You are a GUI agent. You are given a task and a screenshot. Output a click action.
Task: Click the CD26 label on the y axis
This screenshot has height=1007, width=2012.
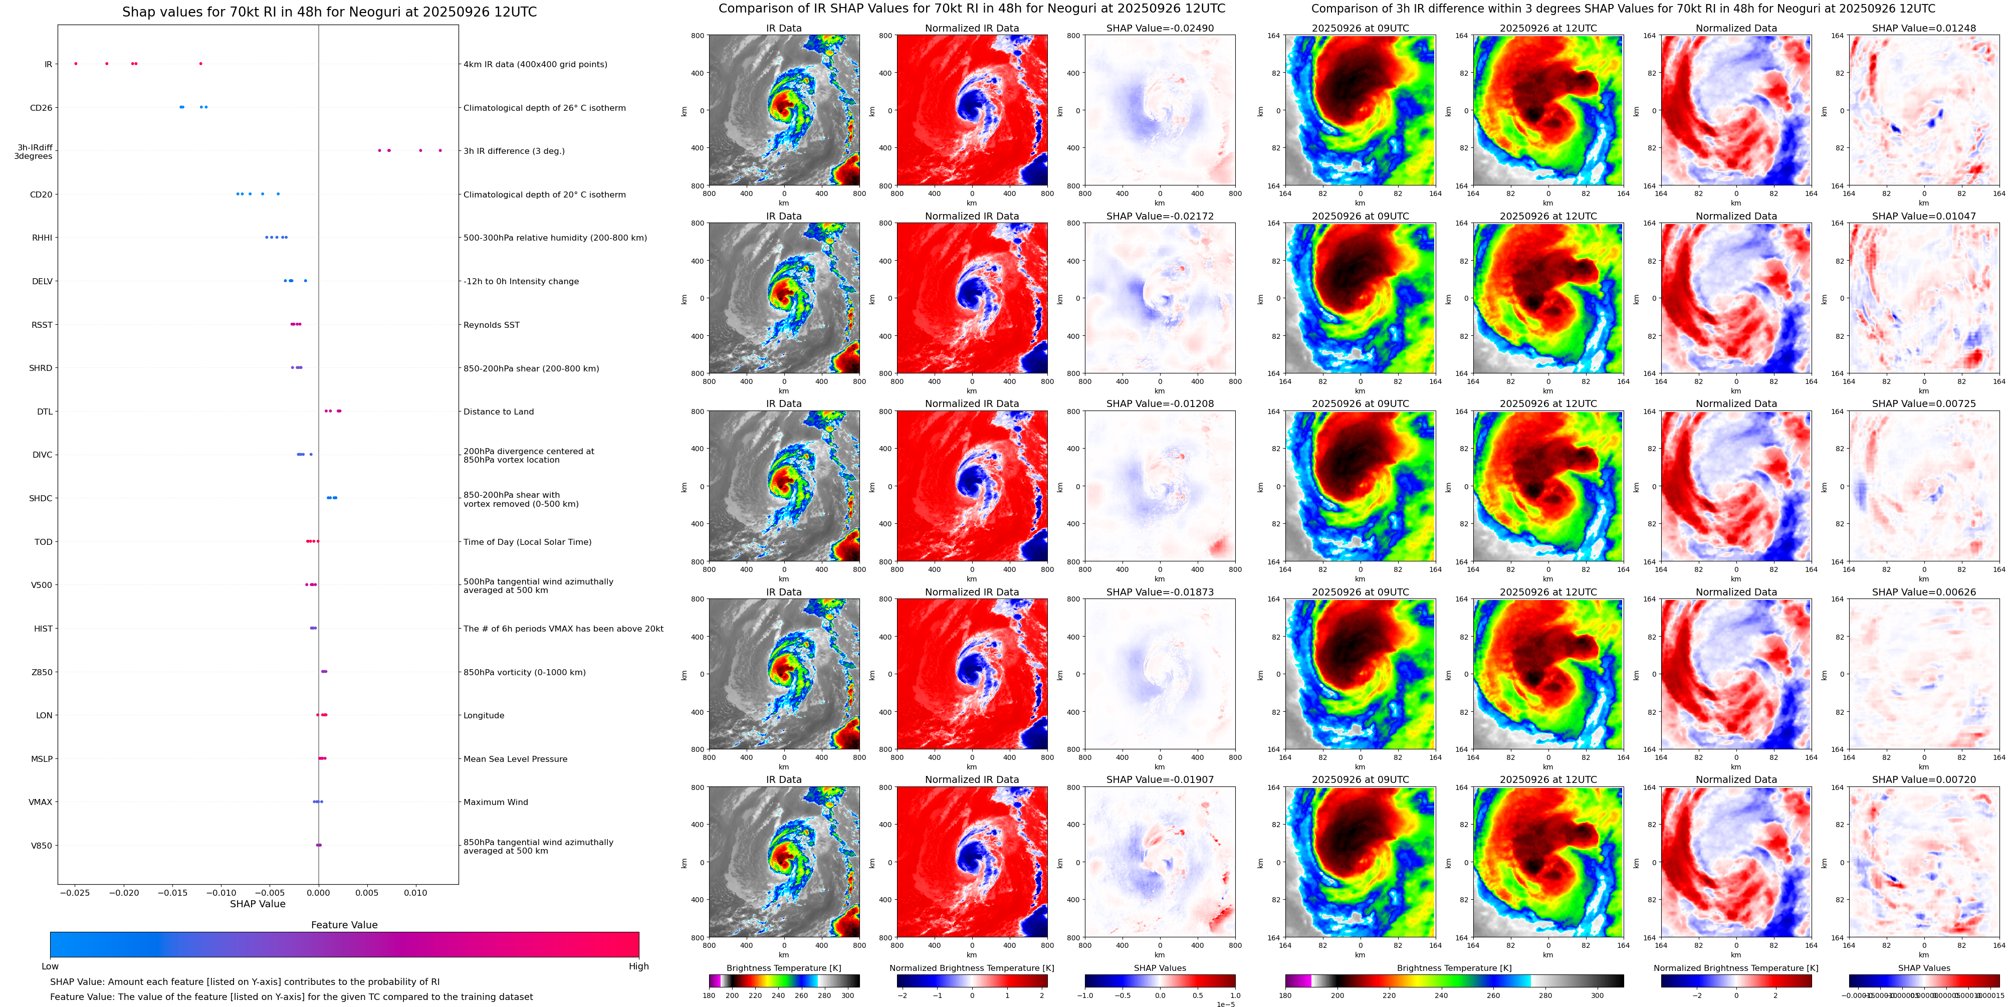[x=41, y=108]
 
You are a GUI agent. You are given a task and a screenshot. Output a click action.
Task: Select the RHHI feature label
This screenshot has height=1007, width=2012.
[x=42, y=238]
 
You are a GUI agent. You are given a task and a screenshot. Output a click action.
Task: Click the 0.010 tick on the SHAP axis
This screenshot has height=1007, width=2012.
[x=415, y=892]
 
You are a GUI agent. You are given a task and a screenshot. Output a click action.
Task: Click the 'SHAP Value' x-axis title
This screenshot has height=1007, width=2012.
[x=258, y=904]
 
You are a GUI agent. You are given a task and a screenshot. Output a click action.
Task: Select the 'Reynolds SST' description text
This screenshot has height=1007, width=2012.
[x=491, y=325]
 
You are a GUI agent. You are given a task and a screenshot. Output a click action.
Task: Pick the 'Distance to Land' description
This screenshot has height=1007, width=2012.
[x=498, y=412]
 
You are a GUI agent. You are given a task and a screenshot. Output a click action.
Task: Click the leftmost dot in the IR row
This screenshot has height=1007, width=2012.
[x=76, y=63]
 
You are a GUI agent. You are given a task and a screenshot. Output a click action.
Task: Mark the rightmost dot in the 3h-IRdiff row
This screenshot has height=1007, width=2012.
[x=440, y=150]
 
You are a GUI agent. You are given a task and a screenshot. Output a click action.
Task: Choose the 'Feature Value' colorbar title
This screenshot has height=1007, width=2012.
[x=344, y=925]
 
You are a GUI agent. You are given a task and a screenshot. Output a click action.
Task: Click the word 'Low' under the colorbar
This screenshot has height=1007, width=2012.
[x=50, y=966]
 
